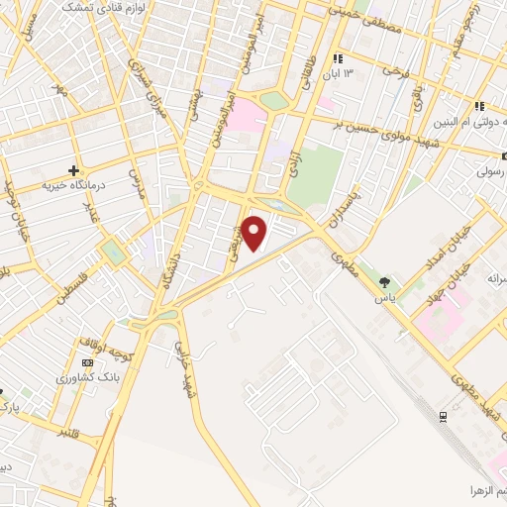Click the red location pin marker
point(255,233)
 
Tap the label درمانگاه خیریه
point(73,185)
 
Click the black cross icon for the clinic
point(73,170)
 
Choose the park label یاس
point(385,297)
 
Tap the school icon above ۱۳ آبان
point(338,58)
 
